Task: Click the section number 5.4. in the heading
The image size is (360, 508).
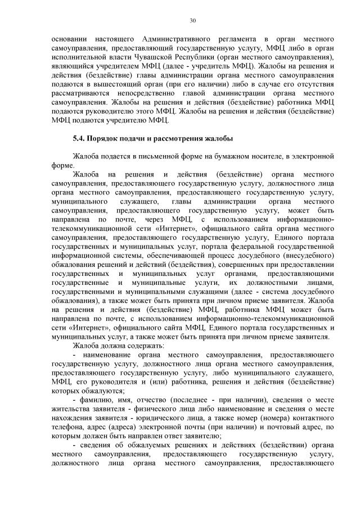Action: point(80,138)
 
